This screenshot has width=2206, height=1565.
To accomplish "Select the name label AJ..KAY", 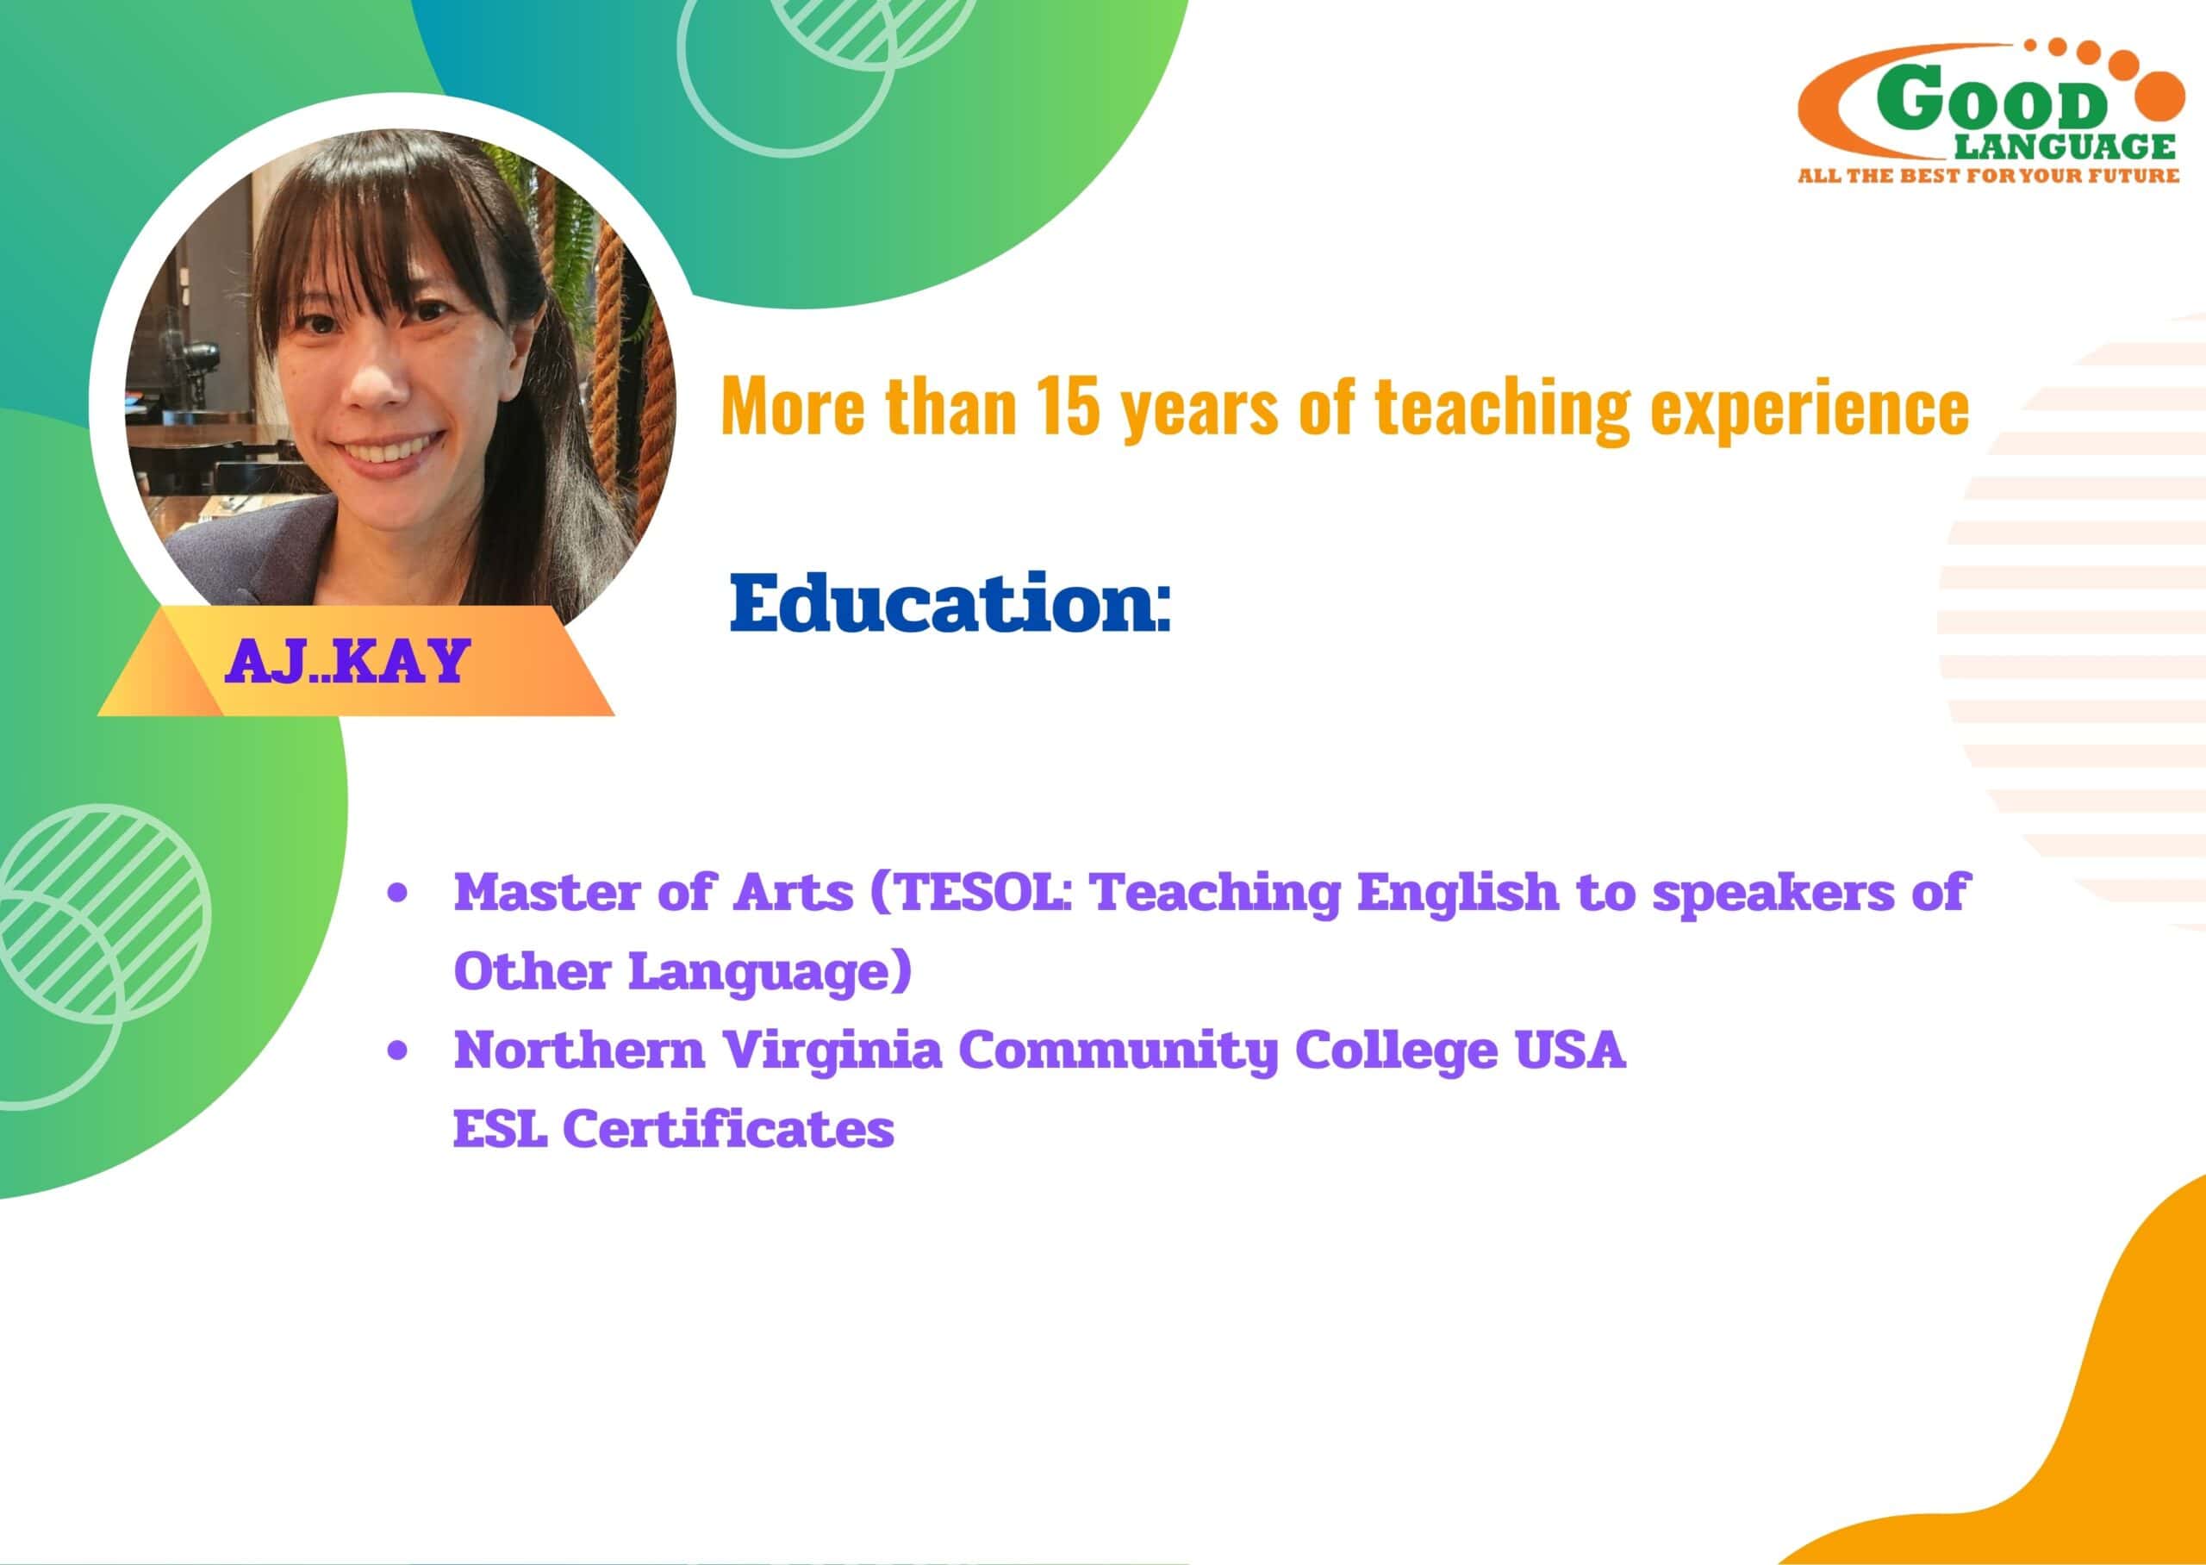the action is (346, 661).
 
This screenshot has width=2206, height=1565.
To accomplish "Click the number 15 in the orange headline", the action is (1068, 406).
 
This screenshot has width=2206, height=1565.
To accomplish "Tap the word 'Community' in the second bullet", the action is (1118, 1051).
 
